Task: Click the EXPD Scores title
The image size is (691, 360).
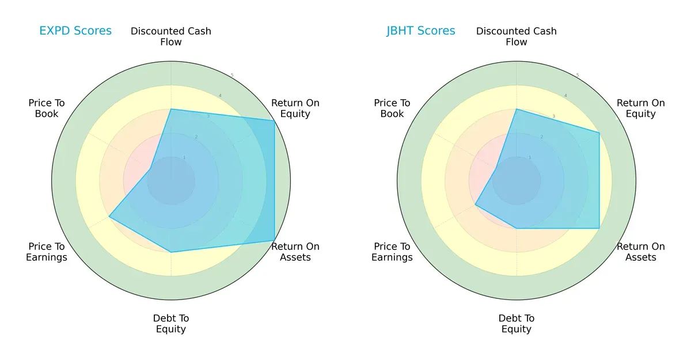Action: (75, 31)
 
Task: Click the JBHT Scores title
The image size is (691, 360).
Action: (420, 31)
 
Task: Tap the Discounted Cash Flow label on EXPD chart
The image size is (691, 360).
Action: (171, 36)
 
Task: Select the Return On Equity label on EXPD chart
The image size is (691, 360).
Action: (295, 108)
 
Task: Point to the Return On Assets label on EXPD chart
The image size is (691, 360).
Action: (295, 252)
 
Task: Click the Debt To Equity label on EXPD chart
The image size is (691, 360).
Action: (171, 324)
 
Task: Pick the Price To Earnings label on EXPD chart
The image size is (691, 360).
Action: (47, 252)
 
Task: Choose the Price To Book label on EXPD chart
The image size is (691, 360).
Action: (47, 108)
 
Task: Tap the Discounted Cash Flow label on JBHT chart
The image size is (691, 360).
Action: (517, 36)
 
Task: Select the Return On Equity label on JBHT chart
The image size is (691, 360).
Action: (641, 108)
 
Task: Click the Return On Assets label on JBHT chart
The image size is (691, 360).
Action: (641, 252)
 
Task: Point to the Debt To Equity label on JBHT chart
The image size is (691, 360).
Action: (517, 324)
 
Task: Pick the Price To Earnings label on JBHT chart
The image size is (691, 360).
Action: (392, 252)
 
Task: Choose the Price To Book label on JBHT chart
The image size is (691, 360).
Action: (392, 108)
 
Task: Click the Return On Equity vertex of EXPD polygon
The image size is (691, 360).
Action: (275, 120)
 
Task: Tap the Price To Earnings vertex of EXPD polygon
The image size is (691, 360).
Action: (109, 217)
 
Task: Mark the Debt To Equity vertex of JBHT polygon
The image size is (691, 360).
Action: (517, 228)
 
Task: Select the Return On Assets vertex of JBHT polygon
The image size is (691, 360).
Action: (599, 228)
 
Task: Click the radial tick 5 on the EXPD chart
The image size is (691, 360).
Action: (232, 75)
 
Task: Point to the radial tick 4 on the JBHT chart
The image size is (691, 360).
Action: (565, 96)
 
